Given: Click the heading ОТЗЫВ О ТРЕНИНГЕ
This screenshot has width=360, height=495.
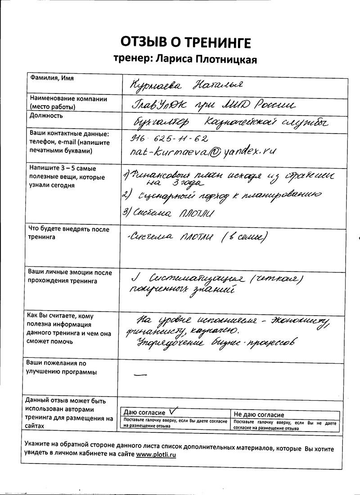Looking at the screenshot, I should [185, 43].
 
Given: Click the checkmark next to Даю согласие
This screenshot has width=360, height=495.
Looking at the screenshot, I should [171, 411].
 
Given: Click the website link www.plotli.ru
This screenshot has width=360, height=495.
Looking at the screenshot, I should [156, 455].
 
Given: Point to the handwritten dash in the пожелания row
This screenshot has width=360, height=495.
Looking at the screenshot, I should [141, 373].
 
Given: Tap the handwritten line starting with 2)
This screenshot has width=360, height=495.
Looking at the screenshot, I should [220, 196].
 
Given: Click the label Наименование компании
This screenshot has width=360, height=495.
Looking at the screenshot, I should [68, 99].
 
